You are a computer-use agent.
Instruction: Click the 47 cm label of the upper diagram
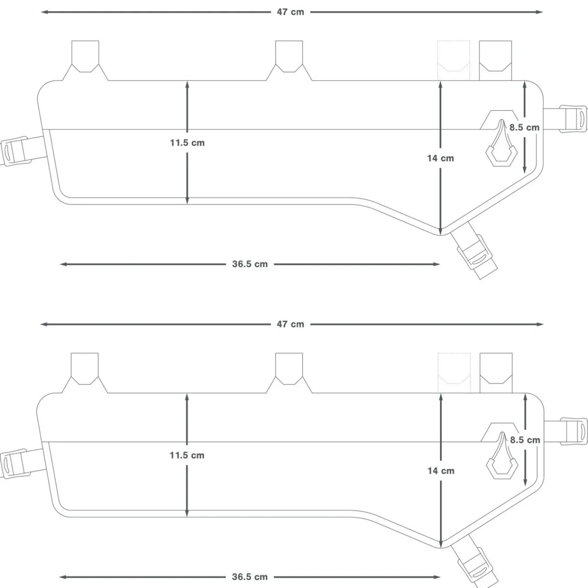pos(290,12)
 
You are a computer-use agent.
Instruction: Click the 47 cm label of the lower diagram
pos(290,324)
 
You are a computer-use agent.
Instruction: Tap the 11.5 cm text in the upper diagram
pos(187,143)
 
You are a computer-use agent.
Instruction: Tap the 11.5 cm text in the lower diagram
pos(187,455)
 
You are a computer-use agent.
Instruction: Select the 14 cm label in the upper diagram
pos(440,158)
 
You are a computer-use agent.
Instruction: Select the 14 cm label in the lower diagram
pos(441,470)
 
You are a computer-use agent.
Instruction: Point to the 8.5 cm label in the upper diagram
pos(524,127)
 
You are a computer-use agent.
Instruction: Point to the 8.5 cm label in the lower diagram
pos(525,440)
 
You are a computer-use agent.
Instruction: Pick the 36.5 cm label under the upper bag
pos(249,264)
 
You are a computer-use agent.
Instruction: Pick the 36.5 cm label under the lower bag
pos(249,577)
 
